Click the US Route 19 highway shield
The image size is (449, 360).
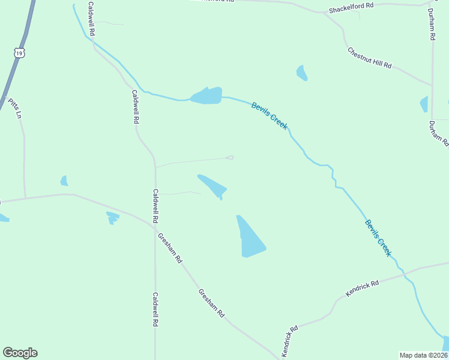[x=20, y=53]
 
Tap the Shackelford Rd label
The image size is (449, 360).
[x=351, y=8]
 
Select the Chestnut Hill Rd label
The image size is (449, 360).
[x=370, y=57]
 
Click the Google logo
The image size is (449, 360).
[x=20, y=353]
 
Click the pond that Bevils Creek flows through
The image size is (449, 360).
[x=206, y=95]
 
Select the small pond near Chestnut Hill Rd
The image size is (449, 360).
[x=302, y=73]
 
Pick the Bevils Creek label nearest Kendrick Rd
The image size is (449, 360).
[x=378, y=238]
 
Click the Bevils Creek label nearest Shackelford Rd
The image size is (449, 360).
[x=270, y=116]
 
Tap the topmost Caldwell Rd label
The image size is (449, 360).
[x=92, y=19]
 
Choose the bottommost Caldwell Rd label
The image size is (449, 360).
[x=155, y=309]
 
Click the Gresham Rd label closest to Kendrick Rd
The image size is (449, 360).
[x=212, y=302]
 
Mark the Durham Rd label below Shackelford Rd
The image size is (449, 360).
[x=431, y=24]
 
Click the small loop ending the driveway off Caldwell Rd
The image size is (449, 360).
[x=229, y=158]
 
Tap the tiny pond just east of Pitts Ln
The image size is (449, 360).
[x=64, y=181]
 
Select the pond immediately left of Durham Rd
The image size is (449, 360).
[x=424, y=104]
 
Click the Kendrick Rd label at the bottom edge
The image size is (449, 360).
[x=289, y=341]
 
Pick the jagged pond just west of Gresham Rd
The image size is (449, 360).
[x=112, y=217]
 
